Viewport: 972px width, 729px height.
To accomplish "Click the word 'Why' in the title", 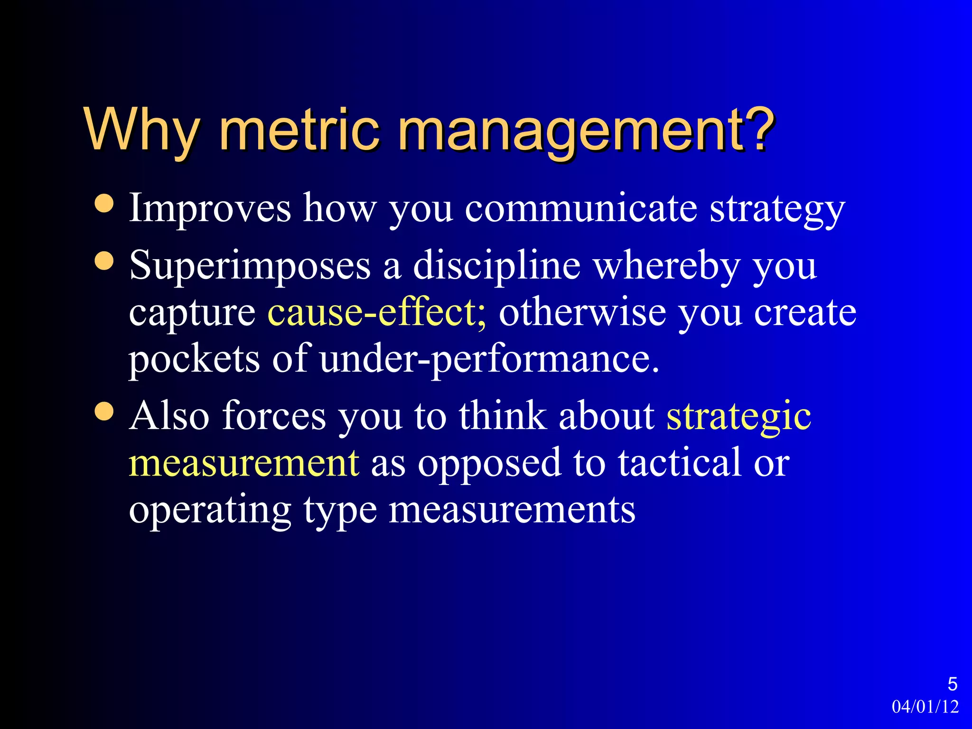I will coord(141,129).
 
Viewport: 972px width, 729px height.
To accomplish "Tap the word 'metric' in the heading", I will coord(299,129).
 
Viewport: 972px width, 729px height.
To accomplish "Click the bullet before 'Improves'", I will coord(104,203).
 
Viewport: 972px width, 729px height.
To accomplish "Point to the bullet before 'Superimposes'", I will coord(104,261).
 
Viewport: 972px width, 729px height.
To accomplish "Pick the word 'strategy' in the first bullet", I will coord(777,209).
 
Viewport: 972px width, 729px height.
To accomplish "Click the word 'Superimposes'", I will coord(250,266).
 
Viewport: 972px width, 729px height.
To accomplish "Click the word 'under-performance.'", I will coord(489,359).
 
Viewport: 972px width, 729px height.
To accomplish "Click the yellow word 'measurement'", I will coord(244,463).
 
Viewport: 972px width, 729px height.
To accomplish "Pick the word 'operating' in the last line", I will coord(210,510).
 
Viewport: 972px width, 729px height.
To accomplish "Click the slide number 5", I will coord(952,684).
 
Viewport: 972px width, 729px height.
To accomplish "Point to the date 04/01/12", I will coord(925,707).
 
